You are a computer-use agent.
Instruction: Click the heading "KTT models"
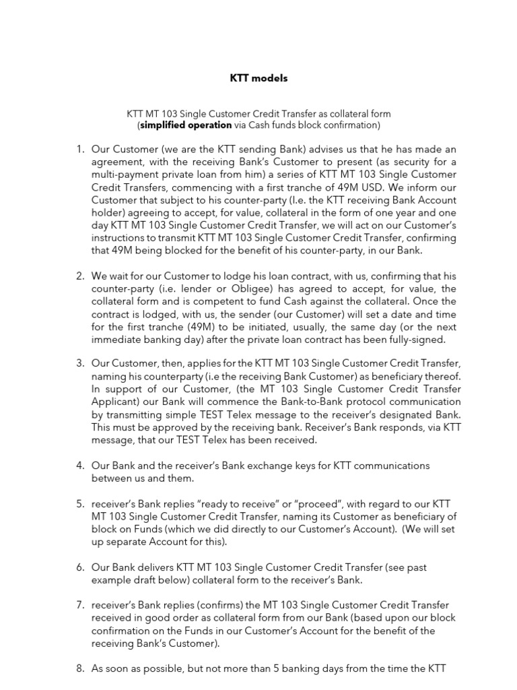258,78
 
